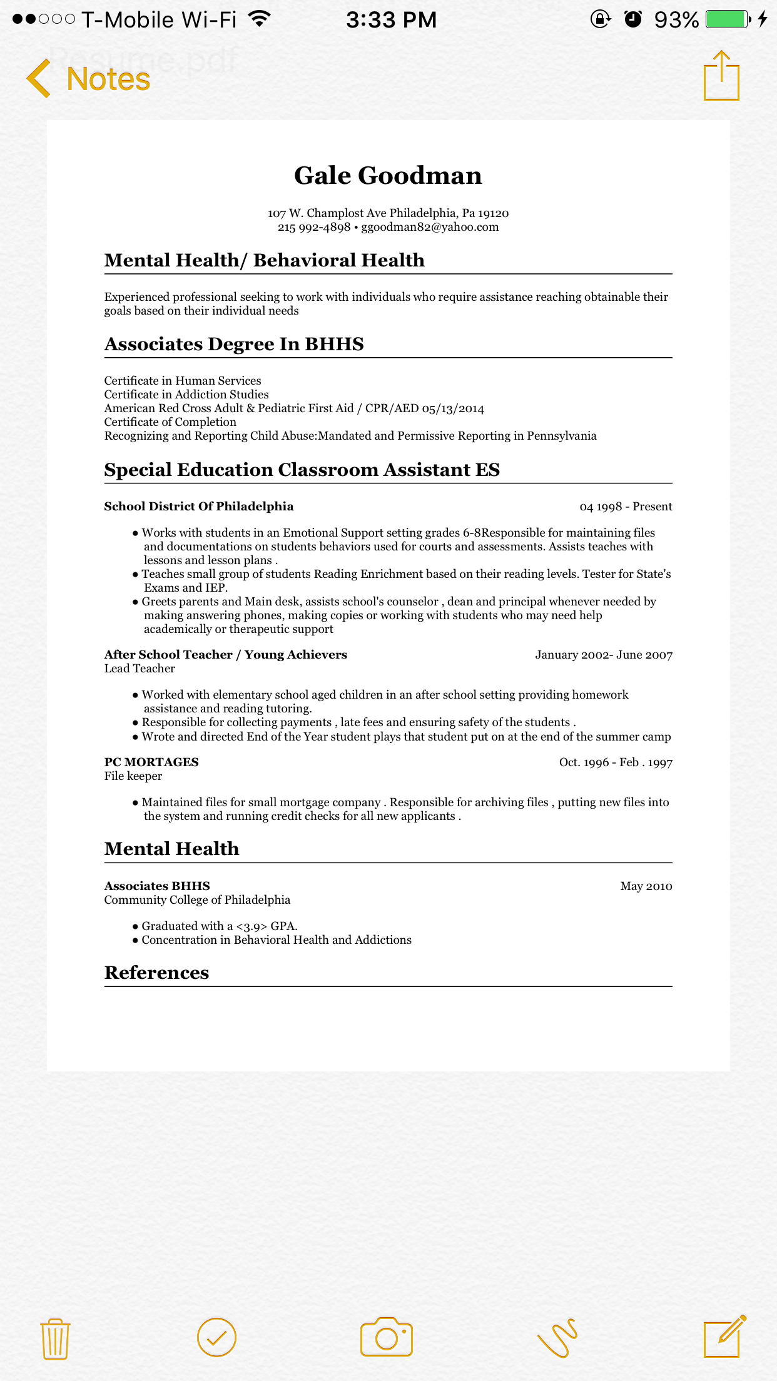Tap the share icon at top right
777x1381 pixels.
tap(721, 76)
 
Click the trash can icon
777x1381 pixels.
tap(55, 1338)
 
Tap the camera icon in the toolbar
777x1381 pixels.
tap(387, 1337)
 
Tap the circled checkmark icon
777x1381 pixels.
tap(216, 1338)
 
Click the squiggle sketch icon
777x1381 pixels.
tap(557, 1338)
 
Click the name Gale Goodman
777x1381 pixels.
tap(388, 176)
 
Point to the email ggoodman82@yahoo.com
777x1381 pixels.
tap(430, 227)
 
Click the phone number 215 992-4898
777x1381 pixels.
tap(314, 227)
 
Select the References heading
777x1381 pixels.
tap(156, 973)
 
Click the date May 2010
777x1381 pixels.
tap(646, 886)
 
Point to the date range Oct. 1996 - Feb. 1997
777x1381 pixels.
tap(616, 762)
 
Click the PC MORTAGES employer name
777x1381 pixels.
tap(151, 762)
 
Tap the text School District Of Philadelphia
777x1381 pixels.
tap(199, 507)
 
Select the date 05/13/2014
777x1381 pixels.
tap(453, 409)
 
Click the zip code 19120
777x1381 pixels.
tap(493, 213)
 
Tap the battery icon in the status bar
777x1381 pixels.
tap(728, 19)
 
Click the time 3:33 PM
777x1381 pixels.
tap(392, 20)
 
